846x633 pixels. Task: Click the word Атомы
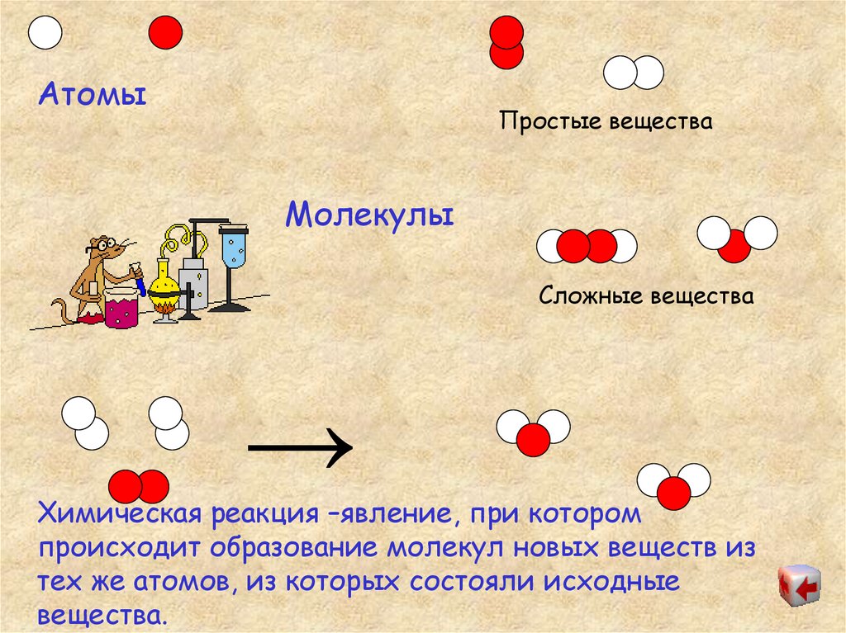[92, 94]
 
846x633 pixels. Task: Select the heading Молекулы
[370, 216]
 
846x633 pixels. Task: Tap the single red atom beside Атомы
[165, 33]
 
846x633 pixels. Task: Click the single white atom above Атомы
[45, 33]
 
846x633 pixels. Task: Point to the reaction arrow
[301, 448]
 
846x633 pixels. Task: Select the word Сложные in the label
[592, 295]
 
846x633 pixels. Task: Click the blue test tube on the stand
[234, 248]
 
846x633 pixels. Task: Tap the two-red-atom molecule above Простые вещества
[506, 43]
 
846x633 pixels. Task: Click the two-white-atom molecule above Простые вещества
[634, 73]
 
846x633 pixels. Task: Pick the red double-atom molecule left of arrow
[139, 487]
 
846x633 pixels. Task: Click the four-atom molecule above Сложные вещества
[587, 246]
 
